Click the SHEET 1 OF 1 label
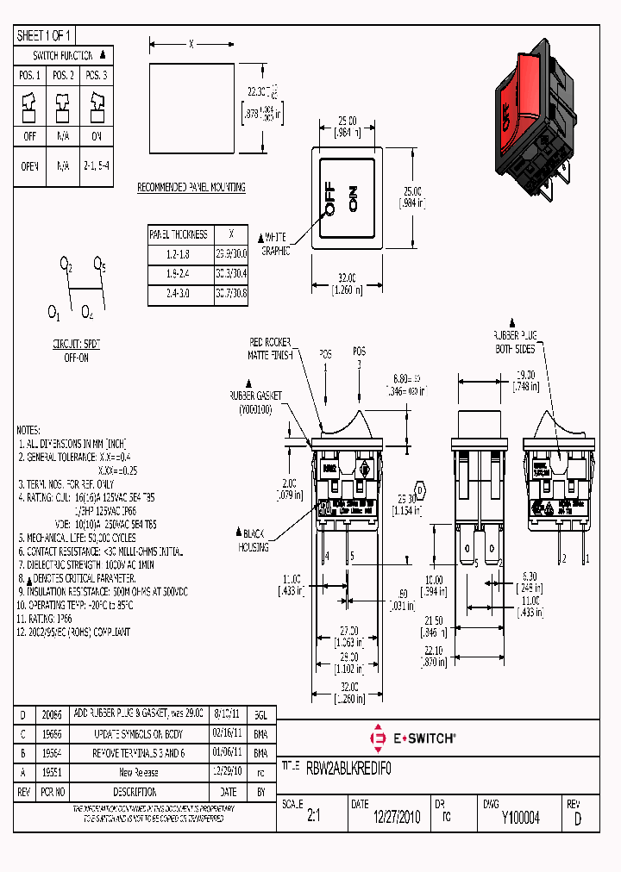pos(45,35)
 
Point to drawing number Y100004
pos(520,818)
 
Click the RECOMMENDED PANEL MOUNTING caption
pos(191,187)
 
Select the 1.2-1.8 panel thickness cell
pos(177,254)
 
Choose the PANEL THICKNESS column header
pos(179,234)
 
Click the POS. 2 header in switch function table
pos(63,76)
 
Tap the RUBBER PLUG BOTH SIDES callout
pos(515,341)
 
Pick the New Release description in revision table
pos(139,773)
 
